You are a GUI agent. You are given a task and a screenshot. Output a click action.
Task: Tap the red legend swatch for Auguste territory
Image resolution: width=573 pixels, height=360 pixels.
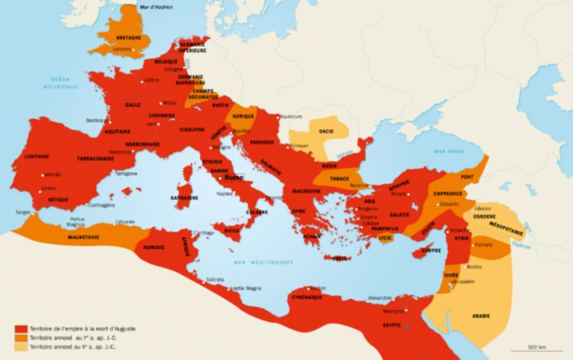pos(20,330)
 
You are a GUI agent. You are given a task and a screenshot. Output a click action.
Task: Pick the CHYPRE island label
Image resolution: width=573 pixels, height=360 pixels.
pos(432,251)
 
